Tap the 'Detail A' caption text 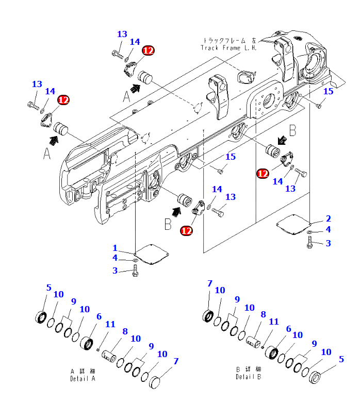(x=83, y=378)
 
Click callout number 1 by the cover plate (x=115, y=248)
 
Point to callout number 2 (x=329, y=219)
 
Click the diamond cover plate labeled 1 (x=152, y=254)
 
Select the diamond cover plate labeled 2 (x=294, y=223)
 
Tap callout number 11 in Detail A (x=110, y=325)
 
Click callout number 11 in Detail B (x=273, y=322)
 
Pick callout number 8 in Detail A (x=124, y=332)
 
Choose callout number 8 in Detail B (x=263, y=314)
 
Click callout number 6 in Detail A (x=99, y=317)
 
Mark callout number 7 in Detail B (x=210, y=283)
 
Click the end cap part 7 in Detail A (x=155, y=384)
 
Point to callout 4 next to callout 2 (x=328, y=229)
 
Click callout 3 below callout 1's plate (x=115, y=271)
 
